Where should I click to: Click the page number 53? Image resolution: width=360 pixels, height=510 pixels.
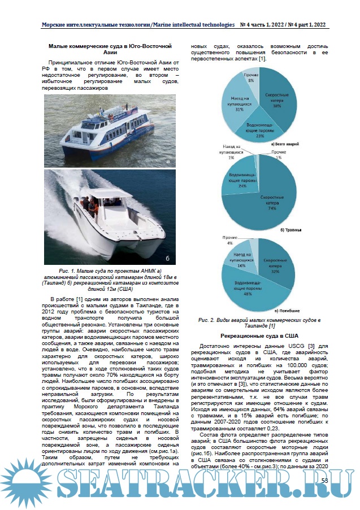click(x=324, y=480)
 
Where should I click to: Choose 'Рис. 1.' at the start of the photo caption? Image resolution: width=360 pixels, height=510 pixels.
click(x=58, y=271)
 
